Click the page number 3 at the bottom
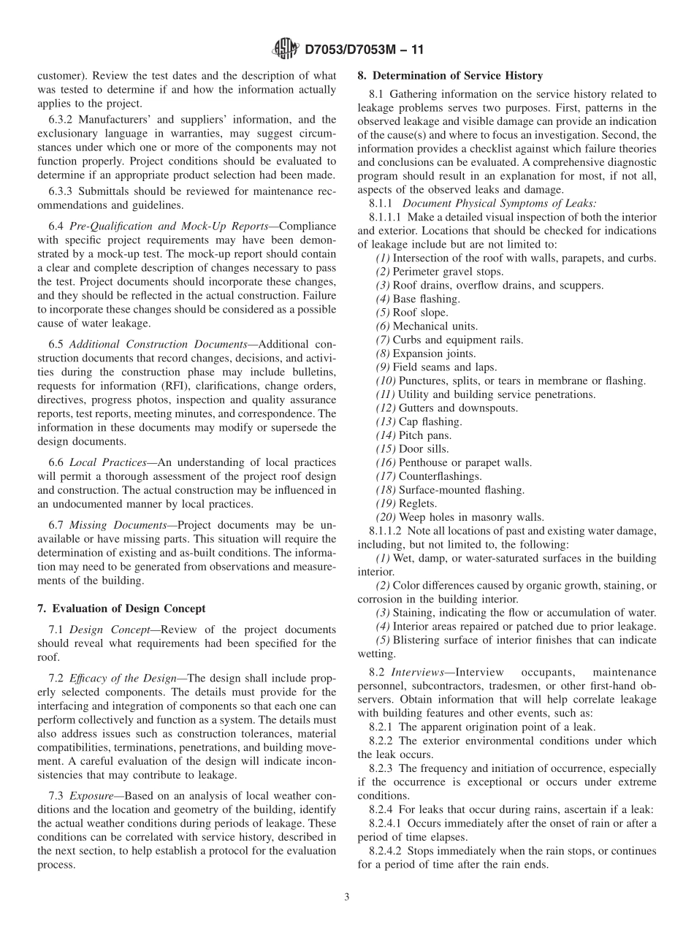click(347, 897)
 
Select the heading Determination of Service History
click(450, 75)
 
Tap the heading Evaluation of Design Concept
click(121, 608)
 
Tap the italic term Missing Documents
click(114, 525)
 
